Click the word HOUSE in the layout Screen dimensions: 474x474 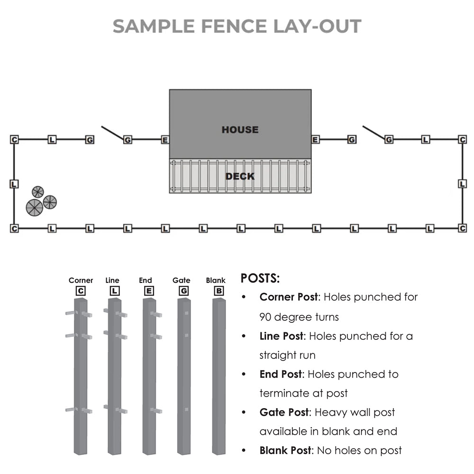click(240, 129)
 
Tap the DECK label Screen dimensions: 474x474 click(240, 176)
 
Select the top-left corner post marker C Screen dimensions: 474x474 click(14, 139)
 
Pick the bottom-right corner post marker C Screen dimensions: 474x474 click(463, 228)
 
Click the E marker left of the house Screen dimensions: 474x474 click(165, 140)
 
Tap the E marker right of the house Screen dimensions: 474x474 click(315, 139)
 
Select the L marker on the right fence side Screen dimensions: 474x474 click(463, 183)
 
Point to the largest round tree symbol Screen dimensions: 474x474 click(35, 208)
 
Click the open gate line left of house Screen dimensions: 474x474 click(112, 133)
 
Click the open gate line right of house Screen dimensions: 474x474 click(374, 133)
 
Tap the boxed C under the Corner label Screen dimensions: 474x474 click(81, 291)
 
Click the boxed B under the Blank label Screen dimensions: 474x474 click(219, 291)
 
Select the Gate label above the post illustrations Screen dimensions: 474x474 click(181, 281)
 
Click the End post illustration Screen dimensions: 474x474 click(149, 374)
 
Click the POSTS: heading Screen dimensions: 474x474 click(260, 278)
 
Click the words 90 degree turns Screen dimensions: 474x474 click(299, 316)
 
